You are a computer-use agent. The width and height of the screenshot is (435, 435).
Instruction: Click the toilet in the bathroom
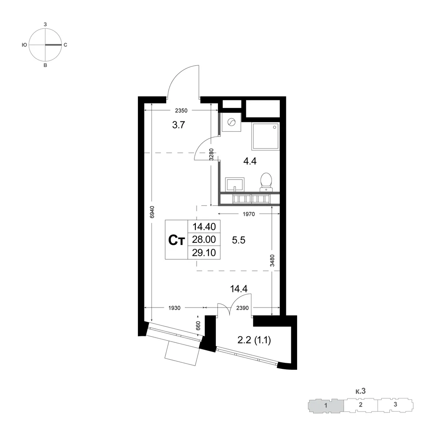point(266,182)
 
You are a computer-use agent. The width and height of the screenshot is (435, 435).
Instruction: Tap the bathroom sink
point(235,184)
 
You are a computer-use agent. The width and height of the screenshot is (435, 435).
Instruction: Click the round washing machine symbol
point(231,122)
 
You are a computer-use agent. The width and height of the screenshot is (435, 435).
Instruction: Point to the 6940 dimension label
point(152,212)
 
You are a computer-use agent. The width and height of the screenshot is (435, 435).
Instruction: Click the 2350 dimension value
point(181,110)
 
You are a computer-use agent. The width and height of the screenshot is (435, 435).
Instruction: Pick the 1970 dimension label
point(248,214)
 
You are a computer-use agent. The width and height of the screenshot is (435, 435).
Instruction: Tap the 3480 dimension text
point(272,261)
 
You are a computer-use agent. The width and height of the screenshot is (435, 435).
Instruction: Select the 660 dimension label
point(198,325)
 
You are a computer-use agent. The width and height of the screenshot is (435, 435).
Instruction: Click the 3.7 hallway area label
point(178,125)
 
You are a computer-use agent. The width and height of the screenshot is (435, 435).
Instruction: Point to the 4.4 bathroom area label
point(250,161)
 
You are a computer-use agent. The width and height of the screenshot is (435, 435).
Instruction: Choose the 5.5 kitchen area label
point(238,240)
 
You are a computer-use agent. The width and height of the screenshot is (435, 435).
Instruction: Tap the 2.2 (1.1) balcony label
point(254,340)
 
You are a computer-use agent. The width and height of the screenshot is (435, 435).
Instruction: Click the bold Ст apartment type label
point(177,240)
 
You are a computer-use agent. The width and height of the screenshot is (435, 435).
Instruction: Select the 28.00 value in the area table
point(204,239)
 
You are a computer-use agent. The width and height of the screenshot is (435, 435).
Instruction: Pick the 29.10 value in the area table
point(204,252)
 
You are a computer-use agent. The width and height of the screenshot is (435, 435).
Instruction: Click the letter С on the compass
point(66,45)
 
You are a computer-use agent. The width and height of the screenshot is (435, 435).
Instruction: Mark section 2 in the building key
point(360,405)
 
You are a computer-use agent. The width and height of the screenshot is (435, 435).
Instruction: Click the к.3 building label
point(360,391)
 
